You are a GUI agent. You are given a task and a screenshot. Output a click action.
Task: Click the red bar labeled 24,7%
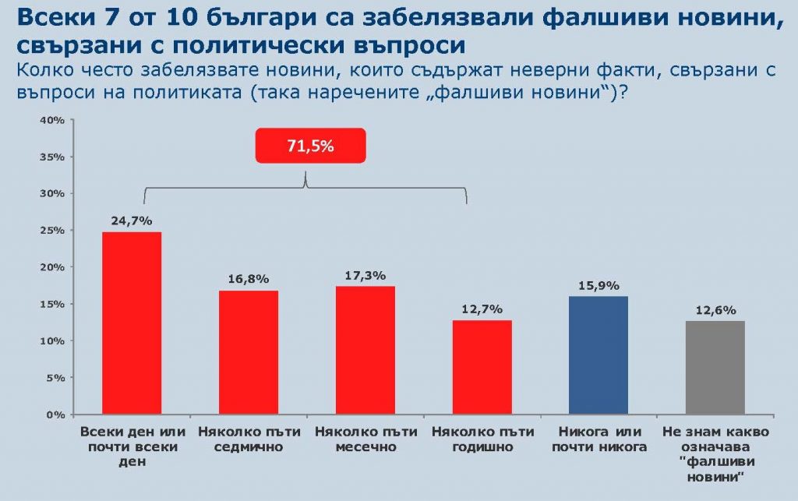pyautogui.click(x=132, y=323)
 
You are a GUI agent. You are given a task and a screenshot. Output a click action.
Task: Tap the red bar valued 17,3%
pyautogui.click(x=365, y=350)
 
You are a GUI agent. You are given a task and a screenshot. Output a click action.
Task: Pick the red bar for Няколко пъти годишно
pyautogui.click(x=482, y=367)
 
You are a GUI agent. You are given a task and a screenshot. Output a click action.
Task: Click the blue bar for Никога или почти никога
pyautogui.click(x=598, y=355)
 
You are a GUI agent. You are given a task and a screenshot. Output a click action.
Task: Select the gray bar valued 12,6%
pyautogui.click(x=715, y=367)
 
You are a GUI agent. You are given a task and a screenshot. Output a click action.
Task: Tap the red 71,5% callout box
pyautogui.click(x=310, y=146)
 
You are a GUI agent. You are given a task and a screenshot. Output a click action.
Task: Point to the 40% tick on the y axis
pyautogui.click(x=53, y=120)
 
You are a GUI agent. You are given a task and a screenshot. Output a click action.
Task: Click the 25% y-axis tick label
pyautogui.click(x=53, y=231)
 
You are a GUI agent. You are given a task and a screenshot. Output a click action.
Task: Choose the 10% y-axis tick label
pyautogui.click(x=53, y=341)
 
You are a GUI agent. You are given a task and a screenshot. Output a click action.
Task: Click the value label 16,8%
pyautogui.click(x=249, y=279)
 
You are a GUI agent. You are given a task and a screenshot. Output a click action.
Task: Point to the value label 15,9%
pyautogui.click(x=598, y=285)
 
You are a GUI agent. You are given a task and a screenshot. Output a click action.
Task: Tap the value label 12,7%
pyautogui.click(x=482, y=309)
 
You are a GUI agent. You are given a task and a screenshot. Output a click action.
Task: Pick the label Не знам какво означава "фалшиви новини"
pyautogui.click(x=715, y=454)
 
